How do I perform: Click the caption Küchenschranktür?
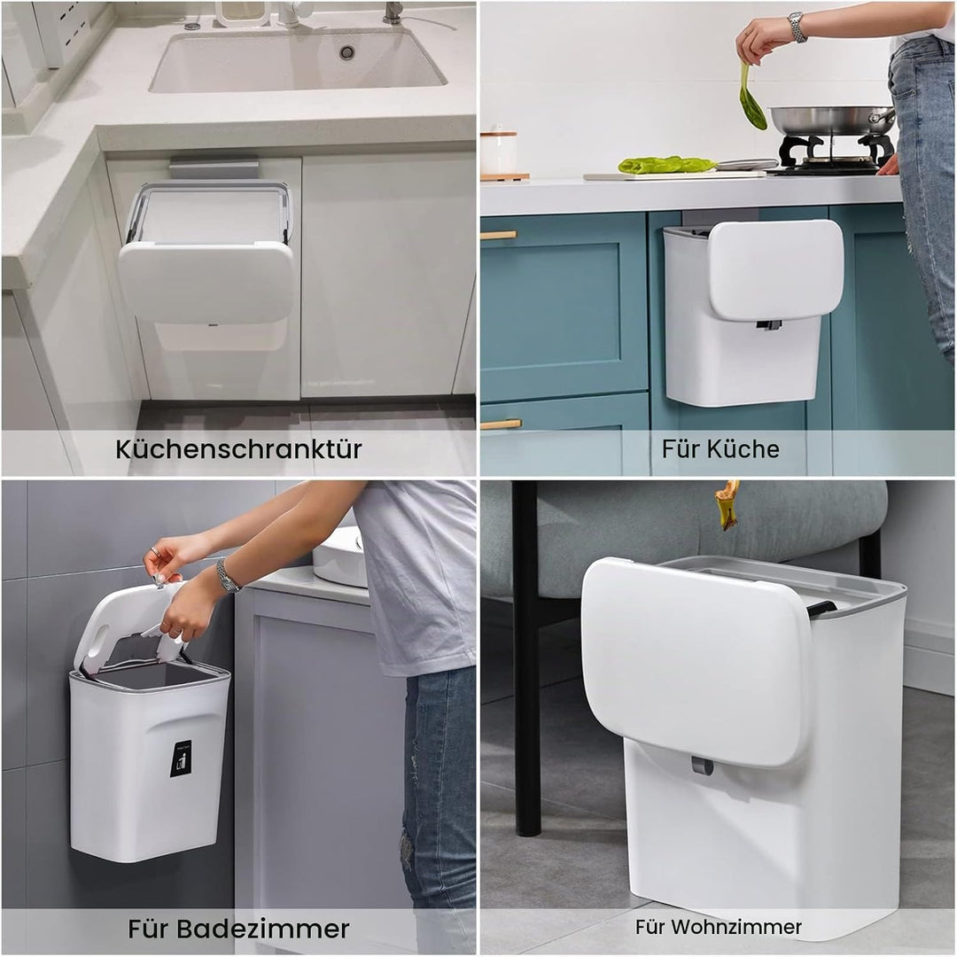238,449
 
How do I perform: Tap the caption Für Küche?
720,448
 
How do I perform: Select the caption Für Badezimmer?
238,929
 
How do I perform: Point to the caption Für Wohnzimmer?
719,927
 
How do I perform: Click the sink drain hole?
346,52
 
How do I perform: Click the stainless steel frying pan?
831,121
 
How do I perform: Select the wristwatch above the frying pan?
797,27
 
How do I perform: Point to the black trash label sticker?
181,759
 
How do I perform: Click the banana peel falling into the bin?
727,505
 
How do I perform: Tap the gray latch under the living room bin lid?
702,766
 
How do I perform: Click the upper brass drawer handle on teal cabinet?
499,235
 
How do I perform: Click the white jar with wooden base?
499,154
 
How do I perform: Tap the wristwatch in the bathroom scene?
227,576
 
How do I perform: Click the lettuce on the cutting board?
665,164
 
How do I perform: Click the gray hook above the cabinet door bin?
214,167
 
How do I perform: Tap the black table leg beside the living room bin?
526,659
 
